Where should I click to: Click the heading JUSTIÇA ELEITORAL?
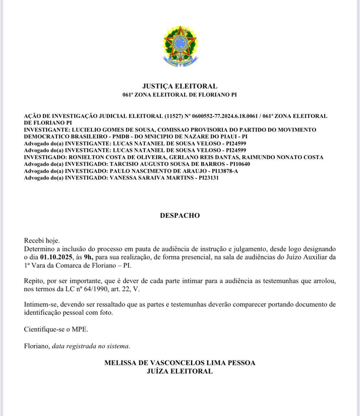[180, 86]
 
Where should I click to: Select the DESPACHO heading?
[180, 215]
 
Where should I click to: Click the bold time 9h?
[88, 257]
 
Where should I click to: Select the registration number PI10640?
[239, 164]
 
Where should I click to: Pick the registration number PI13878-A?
[225, 171]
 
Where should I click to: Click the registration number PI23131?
[207, 178]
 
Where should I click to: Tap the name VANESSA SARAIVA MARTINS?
[153, 178]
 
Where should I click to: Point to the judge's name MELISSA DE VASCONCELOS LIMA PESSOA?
[180, 363]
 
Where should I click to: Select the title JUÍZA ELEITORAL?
[180, 371]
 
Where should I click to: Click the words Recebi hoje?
[42, 241]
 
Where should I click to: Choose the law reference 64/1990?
[97, 289]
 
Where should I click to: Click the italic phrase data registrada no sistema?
[90, 346]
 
